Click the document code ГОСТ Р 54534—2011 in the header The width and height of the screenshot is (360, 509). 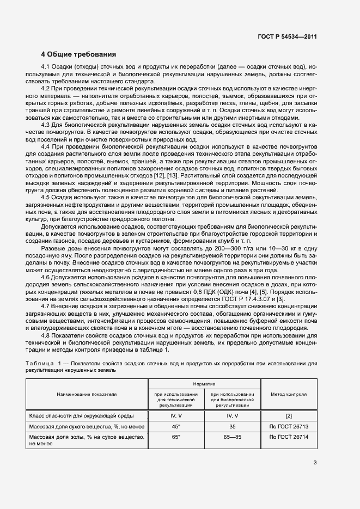(x=287, y=36)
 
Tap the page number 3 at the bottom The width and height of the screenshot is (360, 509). (x=315, y=463)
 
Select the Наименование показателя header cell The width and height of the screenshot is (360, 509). (x=87, y=394)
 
